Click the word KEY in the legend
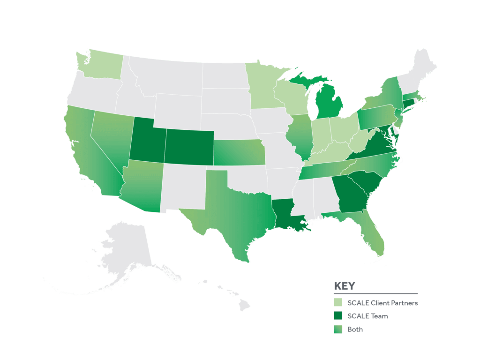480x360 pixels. [x=344, y=286]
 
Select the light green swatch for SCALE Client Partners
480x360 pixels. [x=338, y=302]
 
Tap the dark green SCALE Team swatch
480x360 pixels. [x=338, y=316]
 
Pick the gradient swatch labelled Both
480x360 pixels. [x=338, y=330]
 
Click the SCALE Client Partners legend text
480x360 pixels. [x=382, y=303]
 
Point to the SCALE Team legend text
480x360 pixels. [x=367, y=316]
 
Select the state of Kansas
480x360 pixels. [x=239, y=152]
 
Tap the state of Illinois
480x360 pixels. [x=300, y=136]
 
